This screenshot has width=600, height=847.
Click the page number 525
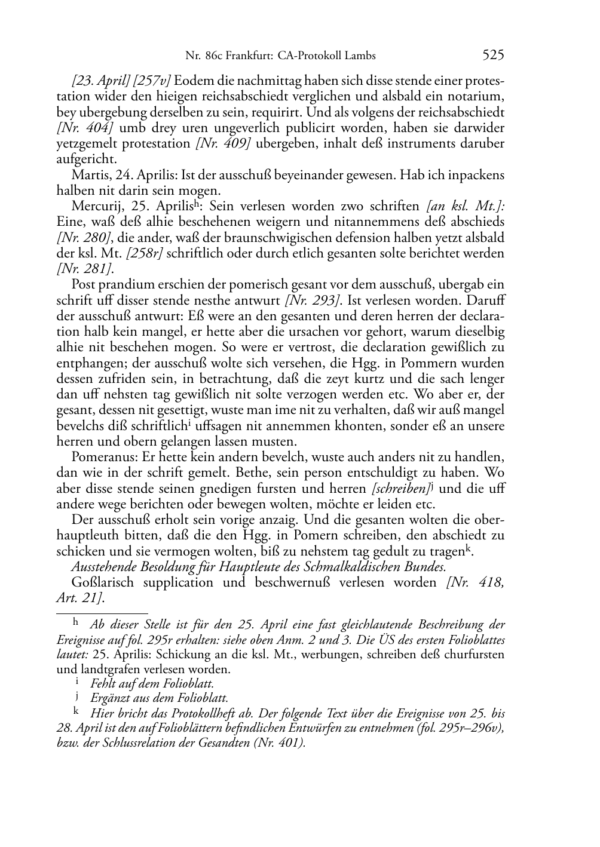pyautogui.click(x=493, y=56)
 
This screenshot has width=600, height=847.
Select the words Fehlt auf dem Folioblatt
pyautogui.click(x=152, y=684)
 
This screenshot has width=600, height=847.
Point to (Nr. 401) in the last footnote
pyautogui.click(x=280, y=744)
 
